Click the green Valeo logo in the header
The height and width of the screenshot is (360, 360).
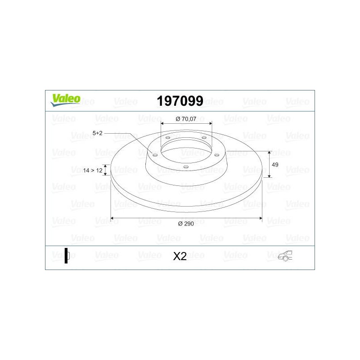(x=65, y=100)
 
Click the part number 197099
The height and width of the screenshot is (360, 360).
(x=180, y=101)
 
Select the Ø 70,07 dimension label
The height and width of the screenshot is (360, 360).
(x=186, y=119)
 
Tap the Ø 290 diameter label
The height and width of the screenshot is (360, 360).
(x=186, y=223)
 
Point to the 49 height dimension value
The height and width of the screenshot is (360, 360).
(x=275, y=165)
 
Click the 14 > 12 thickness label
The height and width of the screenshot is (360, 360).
(x=93, y=171)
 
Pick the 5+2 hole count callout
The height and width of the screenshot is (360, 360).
(x=97, y=133)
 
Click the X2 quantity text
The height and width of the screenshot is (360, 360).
(x=180, y=256)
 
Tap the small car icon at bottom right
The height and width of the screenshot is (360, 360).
(x=285, y=256)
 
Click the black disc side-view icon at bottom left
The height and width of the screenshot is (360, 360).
(x=67, y=256)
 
